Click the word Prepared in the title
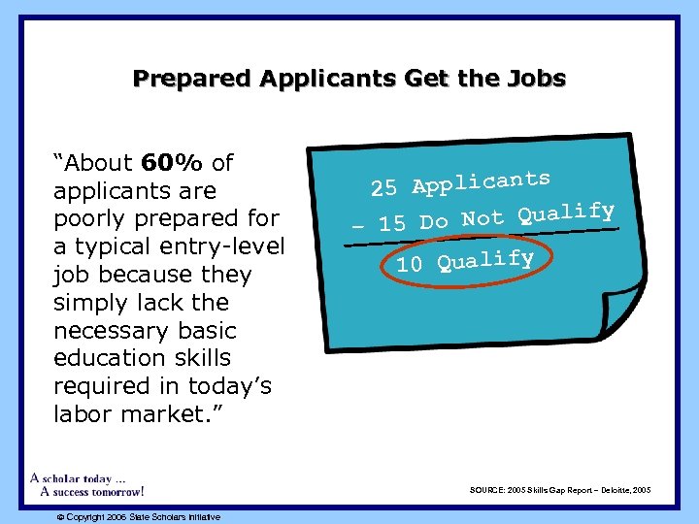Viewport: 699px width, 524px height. pos(181,78)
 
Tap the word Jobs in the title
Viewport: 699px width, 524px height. pos(535,78)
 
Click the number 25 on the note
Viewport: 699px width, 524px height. pos(384,188)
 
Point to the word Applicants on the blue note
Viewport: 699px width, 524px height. pos(481,181)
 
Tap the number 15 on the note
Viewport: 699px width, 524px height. pos(392,223)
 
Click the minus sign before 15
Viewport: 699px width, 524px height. pos(358,226)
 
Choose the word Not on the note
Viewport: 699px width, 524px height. pos(483,217)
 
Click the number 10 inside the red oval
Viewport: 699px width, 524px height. pos(410,264)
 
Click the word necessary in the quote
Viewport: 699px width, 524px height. pos(110,330)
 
